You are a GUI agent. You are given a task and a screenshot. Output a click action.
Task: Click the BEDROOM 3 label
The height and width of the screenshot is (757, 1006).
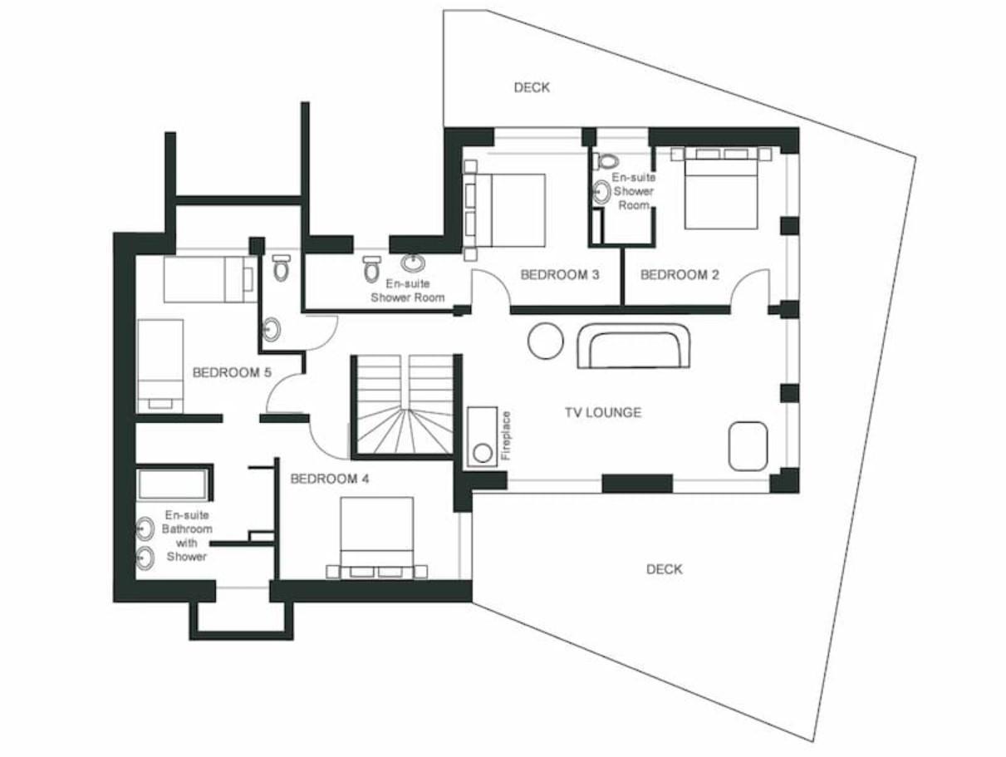point(560,275)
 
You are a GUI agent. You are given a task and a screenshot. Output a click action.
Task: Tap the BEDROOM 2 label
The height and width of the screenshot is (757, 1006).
point(680,275)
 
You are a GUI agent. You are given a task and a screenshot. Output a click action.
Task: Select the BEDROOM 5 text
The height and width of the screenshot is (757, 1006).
point(232,372)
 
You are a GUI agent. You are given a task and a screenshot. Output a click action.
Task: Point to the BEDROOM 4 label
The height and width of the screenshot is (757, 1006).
point(330,479)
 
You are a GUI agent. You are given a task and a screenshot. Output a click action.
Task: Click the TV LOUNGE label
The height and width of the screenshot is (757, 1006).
point(603,412)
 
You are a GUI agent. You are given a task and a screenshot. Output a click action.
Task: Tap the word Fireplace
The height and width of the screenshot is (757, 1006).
point(506,435)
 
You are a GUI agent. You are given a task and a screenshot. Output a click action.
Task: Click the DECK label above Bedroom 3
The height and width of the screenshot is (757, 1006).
point(532,87)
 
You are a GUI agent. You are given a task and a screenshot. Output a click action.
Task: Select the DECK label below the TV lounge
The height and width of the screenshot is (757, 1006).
point(664,569)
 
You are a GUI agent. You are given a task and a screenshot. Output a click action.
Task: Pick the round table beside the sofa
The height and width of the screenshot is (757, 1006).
point(546,341)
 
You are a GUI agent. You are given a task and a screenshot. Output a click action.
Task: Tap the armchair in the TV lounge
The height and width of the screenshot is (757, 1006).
point(748,446)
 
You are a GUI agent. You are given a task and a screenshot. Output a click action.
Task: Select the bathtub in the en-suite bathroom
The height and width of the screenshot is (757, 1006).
point(172,484)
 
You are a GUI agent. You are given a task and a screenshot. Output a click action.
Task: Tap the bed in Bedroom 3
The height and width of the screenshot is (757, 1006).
point(504,210)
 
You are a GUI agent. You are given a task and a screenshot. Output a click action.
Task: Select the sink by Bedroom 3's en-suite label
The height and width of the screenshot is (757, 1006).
point(413,263)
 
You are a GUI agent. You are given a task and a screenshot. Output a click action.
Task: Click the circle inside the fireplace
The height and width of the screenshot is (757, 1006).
point(482,453)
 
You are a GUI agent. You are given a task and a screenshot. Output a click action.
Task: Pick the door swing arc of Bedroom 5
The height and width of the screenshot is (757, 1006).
point(275,385)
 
